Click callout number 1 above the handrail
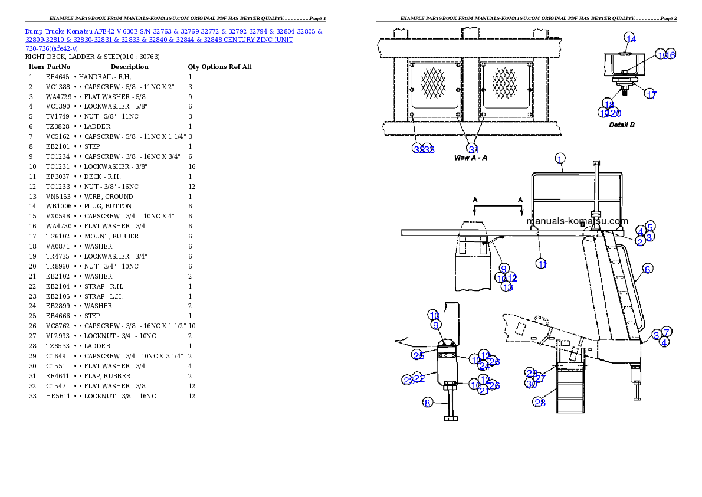tap(560, 158)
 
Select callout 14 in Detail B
tap(631, 39)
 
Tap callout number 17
tap(650, 94)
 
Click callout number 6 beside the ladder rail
tap(649, 226)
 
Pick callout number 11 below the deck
tap(542, 264)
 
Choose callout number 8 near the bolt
tap(428, 403)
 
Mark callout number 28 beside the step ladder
tap(540, 402)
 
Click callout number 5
tap(649, 226)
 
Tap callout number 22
tap(419, 377)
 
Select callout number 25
tap(418, 354)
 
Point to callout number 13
tap(507, 287)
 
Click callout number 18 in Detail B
tap(609, 104)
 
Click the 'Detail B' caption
tap(621, 125)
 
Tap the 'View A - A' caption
tap(470, 158)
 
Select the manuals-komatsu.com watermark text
tap(577, 221)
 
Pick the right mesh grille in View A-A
tap(505, 83)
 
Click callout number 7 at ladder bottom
tap(666, 332)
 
